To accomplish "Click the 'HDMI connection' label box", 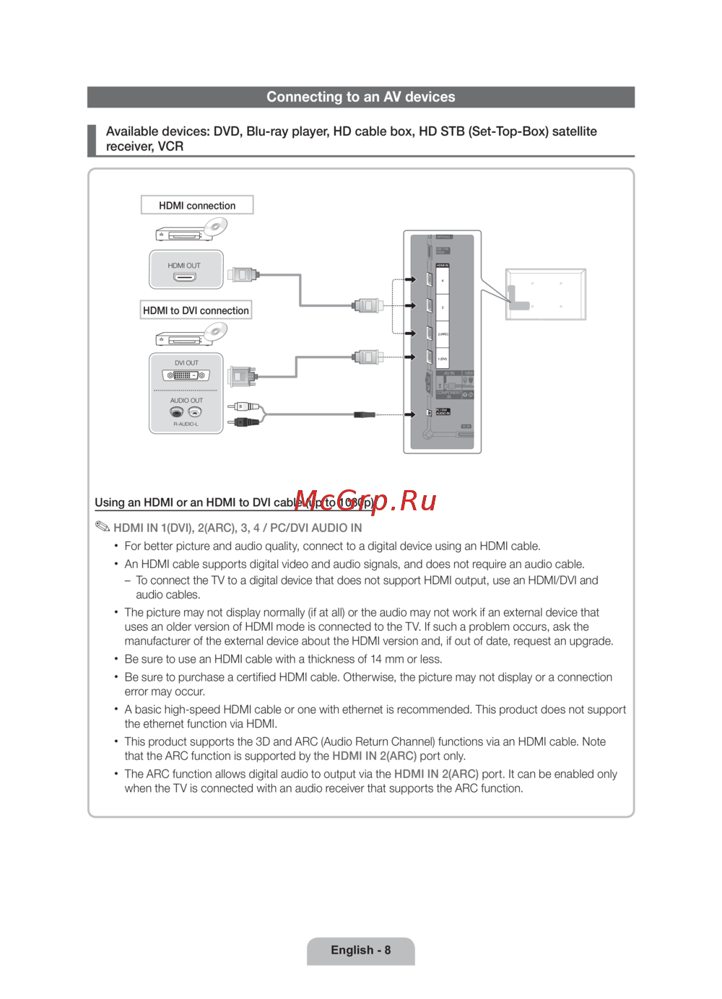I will coord(197,205).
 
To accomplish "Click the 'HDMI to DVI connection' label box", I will coord(196,310).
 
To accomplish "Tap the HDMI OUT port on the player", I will coord(185,277).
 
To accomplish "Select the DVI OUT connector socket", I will coord(186,375).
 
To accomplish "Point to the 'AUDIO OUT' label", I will coord(186,400).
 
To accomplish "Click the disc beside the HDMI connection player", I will coord(215,227).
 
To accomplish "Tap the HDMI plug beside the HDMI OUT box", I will coord(243,274).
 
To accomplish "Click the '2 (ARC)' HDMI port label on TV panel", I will coord(443,334).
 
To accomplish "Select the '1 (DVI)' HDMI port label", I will coord(443,359).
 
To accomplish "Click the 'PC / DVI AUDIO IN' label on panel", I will coord(443,412).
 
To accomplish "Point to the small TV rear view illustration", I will coord(545,295).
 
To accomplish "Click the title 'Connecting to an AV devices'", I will coord(360,97).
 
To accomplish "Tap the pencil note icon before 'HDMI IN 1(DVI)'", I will coord(102,526).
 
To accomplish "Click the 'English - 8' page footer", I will coord(360,950).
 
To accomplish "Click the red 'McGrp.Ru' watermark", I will coord(365,500).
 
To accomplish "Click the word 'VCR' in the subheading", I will coord(170,147).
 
